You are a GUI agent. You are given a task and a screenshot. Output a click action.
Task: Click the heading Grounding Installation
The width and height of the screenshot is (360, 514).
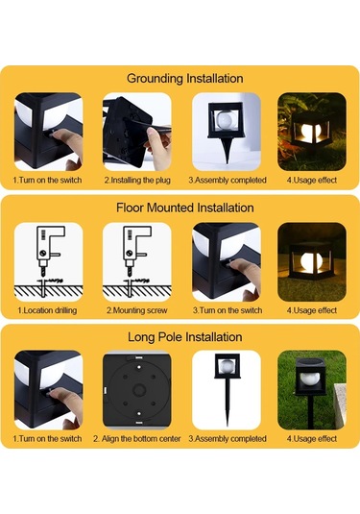pos(184,79)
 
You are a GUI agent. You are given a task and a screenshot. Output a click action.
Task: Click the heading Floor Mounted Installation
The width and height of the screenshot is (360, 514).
pos(184,208)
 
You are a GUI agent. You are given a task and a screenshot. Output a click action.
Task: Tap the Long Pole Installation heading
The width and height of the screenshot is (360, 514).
pos(184,337)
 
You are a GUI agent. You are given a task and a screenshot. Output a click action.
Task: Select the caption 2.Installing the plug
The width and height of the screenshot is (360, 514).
pos(137,181)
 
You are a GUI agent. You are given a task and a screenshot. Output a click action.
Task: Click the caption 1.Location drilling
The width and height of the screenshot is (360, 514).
pos(47,310)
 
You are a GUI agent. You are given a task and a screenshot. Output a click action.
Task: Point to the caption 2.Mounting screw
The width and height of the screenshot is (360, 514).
pos(137,310)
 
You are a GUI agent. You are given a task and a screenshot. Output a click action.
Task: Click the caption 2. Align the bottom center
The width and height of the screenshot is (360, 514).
pos(137,439)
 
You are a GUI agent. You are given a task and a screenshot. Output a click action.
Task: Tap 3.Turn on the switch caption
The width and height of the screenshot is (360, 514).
pos(228,310)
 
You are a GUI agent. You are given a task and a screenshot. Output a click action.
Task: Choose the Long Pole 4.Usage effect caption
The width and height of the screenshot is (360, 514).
pos(312,439)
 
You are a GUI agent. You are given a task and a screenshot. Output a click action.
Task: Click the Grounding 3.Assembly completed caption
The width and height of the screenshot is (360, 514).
pos(228,181)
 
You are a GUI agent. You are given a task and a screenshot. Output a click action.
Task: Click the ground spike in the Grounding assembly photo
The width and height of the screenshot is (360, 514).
pos(227,149)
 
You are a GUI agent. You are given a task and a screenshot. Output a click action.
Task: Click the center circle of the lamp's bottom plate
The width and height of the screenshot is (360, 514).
pos(139,390)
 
